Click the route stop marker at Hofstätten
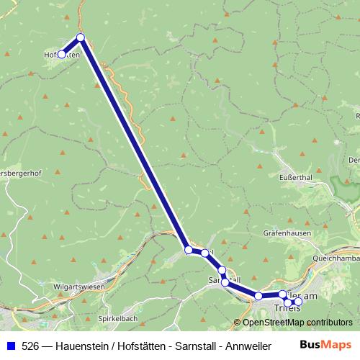click(x=62, y=54)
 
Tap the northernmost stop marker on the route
click(x=81, y=37)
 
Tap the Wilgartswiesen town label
click(x=79, y=287)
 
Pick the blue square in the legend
click(x=10, y=346)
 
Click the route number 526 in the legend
click(x=30, y=346)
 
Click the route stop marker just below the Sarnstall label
click(x=225, y=282)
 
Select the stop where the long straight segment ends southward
click(x=189, y=250)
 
